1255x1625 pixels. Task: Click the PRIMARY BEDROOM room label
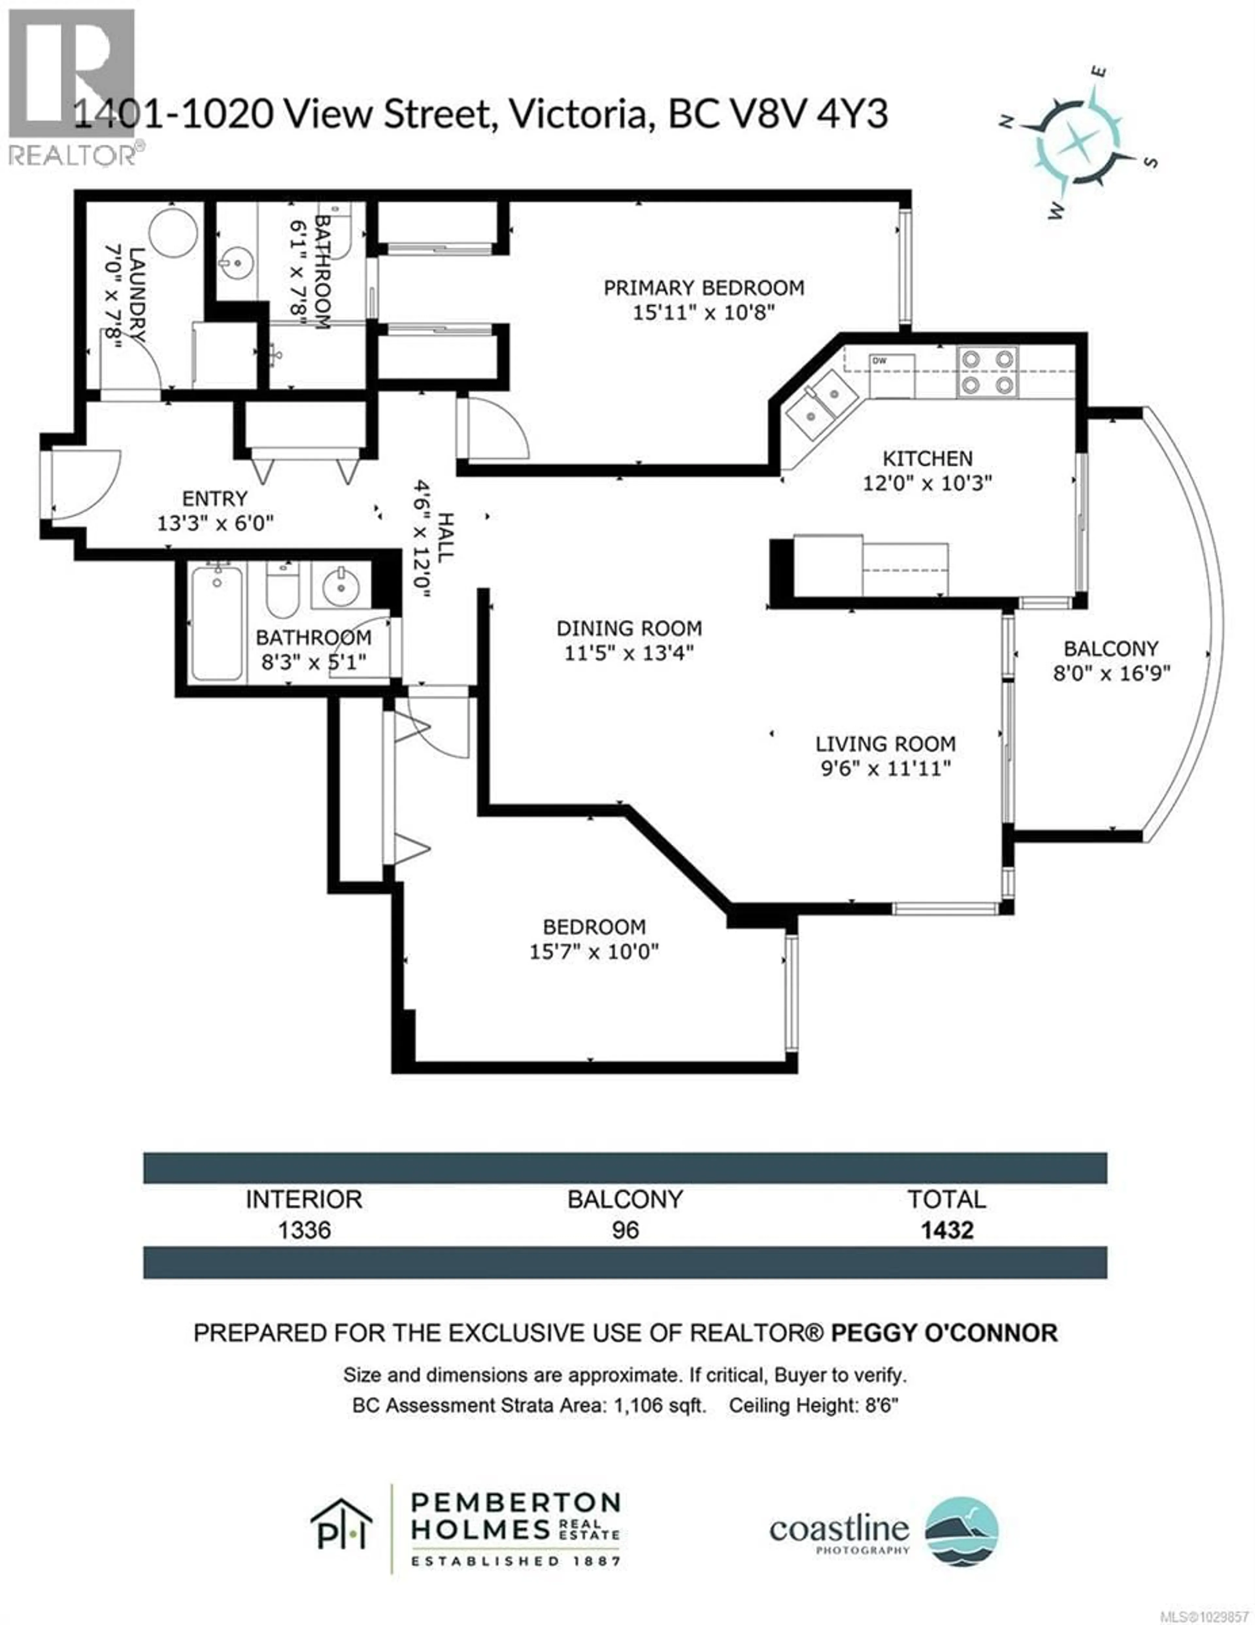point(703,288)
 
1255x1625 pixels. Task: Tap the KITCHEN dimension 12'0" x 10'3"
point(927,483)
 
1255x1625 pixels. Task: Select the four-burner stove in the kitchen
point(987,371)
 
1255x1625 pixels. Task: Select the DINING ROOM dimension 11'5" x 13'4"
point(628,653)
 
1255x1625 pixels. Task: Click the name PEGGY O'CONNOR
point(943,1332)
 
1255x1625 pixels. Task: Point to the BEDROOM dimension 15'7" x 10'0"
point(594,952)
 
